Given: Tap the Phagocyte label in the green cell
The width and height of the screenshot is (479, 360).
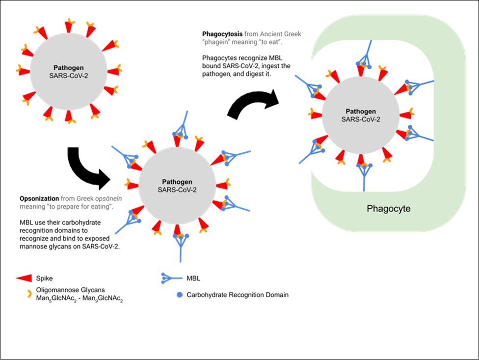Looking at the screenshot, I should click(x=388, y=209).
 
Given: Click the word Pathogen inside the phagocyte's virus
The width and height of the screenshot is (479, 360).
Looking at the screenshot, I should click(x=361, y=111).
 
